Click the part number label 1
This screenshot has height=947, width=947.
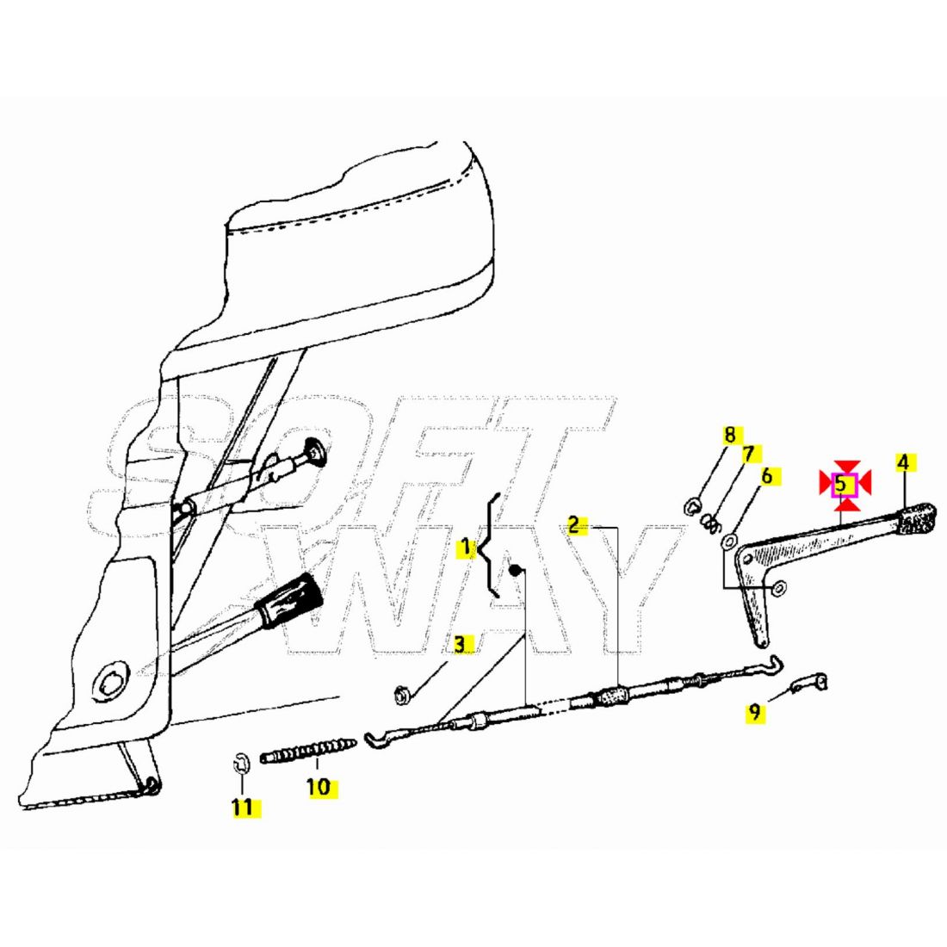[466, 547]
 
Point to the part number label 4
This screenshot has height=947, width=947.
[902, 462]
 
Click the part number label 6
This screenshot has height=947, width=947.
[767, 475]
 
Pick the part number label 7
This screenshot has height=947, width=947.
[747, 453]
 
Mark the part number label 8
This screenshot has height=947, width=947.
[730, 434]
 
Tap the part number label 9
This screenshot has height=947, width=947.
[754, 712]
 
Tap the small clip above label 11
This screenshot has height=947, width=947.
[241, 761]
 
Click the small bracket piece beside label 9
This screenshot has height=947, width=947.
[811, 683]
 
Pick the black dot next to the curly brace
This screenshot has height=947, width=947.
[514, 569]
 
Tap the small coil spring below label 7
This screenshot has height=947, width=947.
[709, 521]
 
